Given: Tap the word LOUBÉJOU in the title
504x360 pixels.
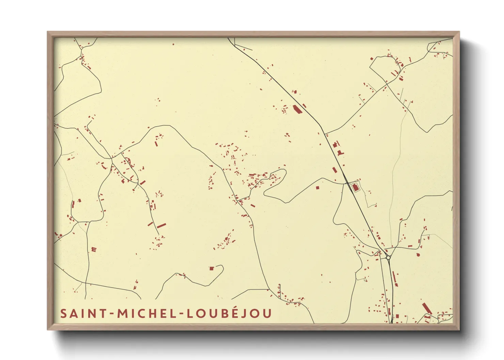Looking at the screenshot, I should (229, 313).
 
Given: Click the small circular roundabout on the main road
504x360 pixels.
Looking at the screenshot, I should (388, 258).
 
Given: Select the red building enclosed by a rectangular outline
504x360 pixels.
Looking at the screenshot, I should (356, 187).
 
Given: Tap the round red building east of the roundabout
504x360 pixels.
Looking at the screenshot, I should (419, 254).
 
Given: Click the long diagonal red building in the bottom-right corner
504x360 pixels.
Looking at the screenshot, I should (427, 308).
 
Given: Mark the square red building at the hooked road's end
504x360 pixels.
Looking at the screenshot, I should (211, 268).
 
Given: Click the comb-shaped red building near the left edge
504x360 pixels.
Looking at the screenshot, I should (94, 249).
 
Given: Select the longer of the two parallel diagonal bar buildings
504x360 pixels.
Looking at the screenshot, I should (161, 226).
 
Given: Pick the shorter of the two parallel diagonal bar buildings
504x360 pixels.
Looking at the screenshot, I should (150, 224).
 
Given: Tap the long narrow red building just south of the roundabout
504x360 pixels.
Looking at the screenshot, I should (395, 279).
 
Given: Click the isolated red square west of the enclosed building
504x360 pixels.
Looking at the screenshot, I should (317, 187).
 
